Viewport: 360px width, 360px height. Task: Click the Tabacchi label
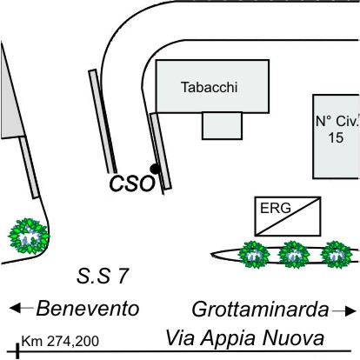pos(209,87)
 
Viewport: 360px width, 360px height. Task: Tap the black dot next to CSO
pos(155,169)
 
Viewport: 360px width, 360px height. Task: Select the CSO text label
pos(132,183)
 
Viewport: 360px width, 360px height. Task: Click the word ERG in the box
pos(276,208)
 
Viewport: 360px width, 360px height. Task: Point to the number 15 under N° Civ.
pos(336,137)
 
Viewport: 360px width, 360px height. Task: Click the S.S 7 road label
pos(103,276)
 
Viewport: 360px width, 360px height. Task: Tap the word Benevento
pos(88,309)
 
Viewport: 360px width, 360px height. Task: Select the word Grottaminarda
pos(261,310)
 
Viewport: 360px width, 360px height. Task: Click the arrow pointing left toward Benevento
pos(21,308)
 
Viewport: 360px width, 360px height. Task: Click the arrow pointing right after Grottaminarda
pos(344,311)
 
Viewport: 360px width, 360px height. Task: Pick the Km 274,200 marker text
pos(60,341)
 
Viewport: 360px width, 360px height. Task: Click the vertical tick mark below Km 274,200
pos(17,351)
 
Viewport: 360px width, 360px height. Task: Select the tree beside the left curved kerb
pos(29,237)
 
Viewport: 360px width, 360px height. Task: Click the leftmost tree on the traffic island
pos(254,255)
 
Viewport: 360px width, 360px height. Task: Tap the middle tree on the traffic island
pos(294,255)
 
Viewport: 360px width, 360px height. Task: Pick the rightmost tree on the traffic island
pos(337,255)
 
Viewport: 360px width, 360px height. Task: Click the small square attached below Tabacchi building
pos(222,126)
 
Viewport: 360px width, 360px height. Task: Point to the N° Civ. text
pos(337,121)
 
